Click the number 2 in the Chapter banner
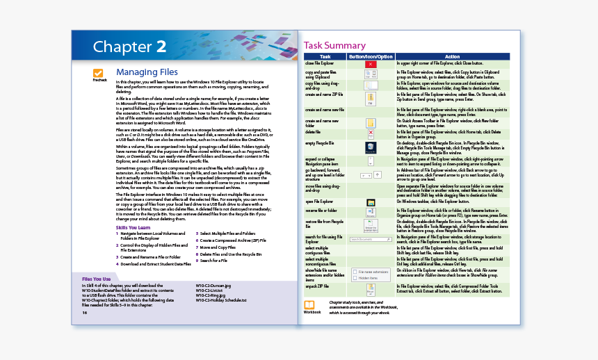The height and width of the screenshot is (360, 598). click(x=161, y=47)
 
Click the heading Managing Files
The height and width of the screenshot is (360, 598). click(x=147, y=72)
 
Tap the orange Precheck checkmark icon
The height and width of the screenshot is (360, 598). click(x=99, y=73)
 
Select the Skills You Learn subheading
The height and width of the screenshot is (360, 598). click(x=132, y=227)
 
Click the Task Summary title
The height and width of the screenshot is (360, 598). click(x=334, y=46)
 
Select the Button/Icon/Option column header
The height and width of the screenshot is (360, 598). click(x=371, y=56)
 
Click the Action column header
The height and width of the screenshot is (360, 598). click(x=452, y=56)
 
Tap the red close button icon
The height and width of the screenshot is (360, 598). click(x=371, y=63)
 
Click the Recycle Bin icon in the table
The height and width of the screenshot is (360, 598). click(x=371, y=147)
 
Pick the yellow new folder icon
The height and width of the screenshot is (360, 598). click(x=371, y=123)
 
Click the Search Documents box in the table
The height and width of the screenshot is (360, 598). click(x=371, y=239)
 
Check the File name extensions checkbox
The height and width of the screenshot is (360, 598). click(x=355, y=272)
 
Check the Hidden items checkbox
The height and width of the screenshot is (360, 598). click(x=355, y=278)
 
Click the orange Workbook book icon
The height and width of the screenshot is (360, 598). click(x=309, y=304)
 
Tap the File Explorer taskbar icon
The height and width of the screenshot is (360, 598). click(x=371, y=202)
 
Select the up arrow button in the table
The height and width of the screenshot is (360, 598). click(x=378, y=174)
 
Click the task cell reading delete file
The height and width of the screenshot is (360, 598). click(x=313, y=131)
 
